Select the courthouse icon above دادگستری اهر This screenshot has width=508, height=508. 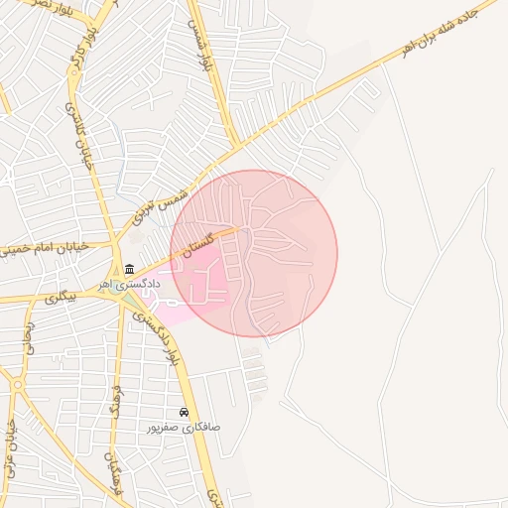130,269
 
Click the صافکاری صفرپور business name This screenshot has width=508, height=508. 184,427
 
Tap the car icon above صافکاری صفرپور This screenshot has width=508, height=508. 184,412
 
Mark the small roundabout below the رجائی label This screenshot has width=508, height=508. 17,384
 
